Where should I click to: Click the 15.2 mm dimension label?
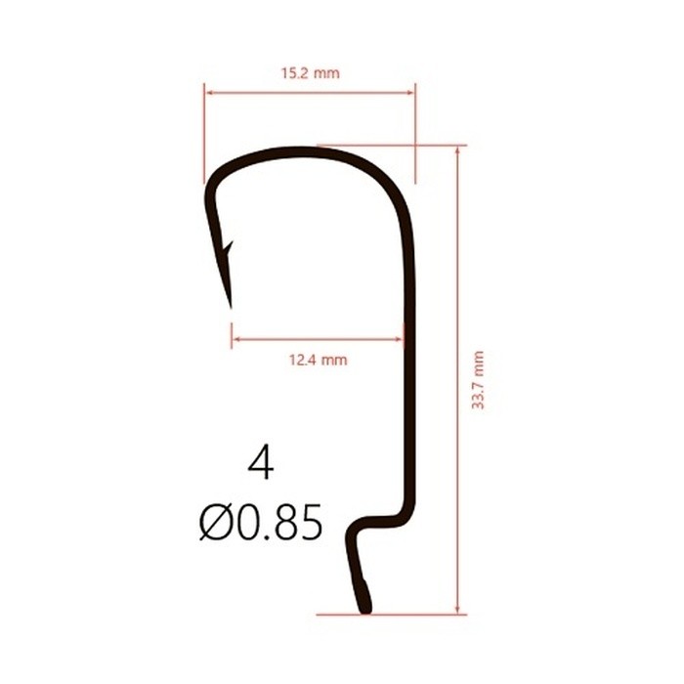[310, 73]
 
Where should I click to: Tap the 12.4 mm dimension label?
[319, 360]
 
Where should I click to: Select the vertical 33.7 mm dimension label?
[479, 379]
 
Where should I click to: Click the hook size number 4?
[261, 463]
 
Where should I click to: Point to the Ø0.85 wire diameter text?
[261, 522]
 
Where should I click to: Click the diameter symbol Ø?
[215, 522]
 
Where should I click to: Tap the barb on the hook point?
[228, 248]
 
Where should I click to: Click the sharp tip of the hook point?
[231, 307]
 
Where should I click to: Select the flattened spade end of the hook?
[365, 597]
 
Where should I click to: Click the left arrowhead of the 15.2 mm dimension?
[209, 93]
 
